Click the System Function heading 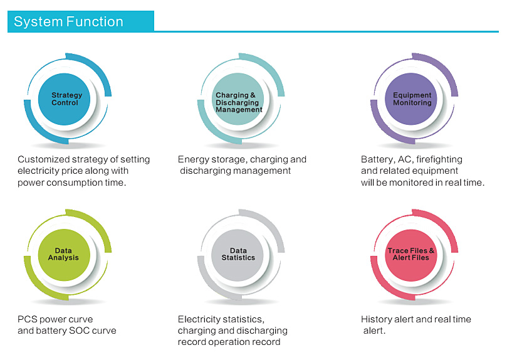pyautogui.click(x=68, y=21)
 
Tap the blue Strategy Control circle pyautogui.click(x=65, y=99)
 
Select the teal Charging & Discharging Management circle pyautogui.click(x=238, y=99)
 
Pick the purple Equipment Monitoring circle pyautogui.click(x=411, y=99)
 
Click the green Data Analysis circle pyautogui.click(x=65, y=255)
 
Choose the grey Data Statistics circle pyautogui.click(x=238, y=255)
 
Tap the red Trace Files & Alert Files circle pyautogui.click(x=411, y=255)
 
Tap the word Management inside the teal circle pyautogui.click(x=239, y=110)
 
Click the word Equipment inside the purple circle pyautogui.click(x=412, y=95)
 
